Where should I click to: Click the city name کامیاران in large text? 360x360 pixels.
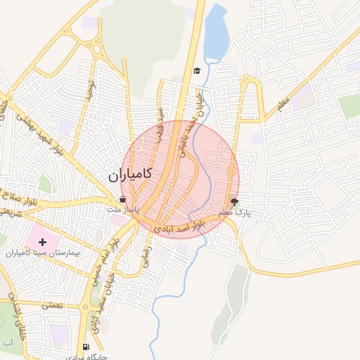tap(132, 176)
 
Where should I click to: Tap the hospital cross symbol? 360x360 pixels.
tap(43, 242)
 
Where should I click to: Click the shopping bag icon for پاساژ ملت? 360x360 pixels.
tap(124, 200)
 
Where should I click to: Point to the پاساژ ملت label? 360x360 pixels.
tap(123, 210)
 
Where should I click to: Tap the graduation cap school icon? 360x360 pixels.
tap(197, 70)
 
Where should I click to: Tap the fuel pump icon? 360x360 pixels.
tap(86, 347)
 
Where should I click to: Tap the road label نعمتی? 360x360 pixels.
tap(52, 305)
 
